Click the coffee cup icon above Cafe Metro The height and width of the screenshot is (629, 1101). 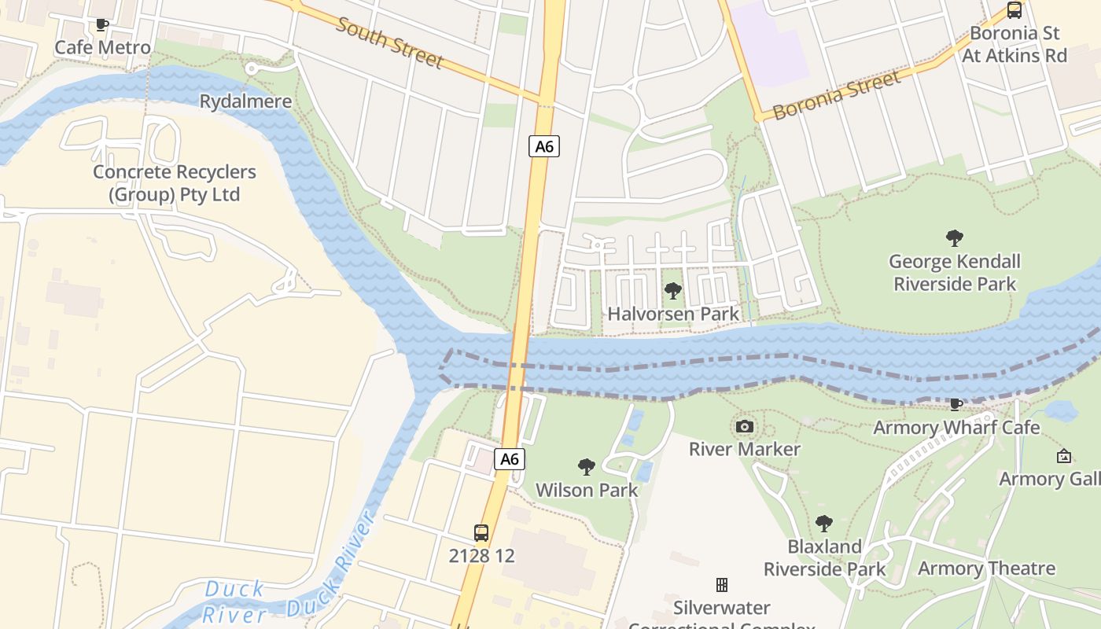pos(102,25)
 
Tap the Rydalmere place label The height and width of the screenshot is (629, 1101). pos(245,101)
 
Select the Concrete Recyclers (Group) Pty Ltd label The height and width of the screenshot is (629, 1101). pos(174,183)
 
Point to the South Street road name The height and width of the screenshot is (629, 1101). pos(390,42)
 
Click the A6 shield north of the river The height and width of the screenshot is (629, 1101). pos(543,146)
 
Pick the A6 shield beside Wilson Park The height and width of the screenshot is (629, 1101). pos(510,459)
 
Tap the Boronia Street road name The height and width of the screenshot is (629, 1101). pos(837,96)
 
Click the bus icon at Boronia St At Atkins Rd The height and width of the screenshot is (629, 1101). pos(1014,10)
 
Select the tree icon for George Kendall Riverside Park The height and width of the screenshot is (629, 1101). pos(955,237)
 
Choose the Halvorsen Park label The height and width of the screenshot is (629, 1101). pos(673,314)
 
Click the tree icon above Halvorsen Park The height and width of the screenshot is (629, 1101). pos(673,291)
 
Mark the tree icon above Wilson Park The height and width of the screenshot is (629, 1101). pos(587,467)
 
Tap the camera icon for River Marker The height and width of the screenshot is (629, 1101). pos(744,427)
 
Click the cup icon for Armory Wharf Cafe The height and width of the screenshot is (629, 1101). pos(956,405)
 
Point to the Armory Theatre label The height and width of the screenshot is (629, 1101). pos(986,568)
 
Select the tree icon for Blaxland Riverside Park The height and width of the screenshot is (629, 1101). pos(824,523)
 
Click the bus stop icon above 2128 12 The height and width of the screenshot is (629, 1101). pos(481,532)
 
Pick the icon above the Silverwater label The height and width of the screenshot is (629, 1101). pos(721,584)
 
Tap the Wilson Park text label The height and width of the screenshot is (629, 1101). pos(587,490)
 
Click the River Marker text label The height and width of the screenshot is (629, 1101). pos(744,449)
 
